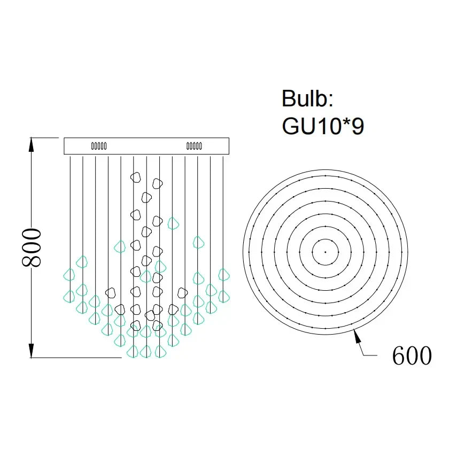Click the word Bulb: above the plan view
[x=307, y=99]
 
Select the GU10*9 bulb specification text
[x=323, y=126]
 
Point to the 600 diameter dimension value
[x=412, y=355]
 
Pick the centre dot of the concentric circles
[x=325, y=251]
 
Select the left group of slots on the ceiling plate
[x=99, y=145]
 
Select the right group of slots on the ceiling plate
[x=193, y=145]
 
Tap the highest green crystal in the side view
[x=172, y=222]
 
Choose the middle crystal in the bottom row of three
[x=146, y=351]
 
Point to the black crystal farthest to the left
[x=111, y=292]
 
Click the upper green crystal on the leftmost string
[x=69, y=275]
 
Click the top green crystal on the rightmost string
[x=223, y=275]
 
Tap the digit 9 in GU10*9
[x=357, y=126]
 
